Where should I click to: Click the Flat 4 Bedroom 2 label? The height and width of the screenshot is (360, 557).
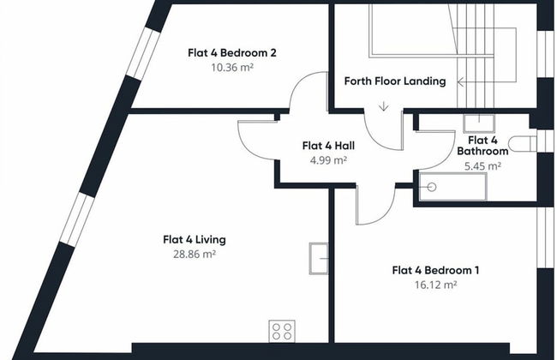[x=232, y=53]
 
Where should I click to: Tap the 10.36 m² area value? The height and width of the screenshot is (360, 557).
[x=232, y=67]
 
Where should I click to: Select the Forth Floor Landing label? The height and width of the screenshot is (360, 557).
[x=395, y=81]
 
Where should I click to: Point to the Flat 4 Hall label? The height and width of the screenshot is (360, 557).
[x=328, y=146]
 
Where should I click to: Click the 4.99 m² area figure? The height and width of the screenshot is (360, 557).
[x=328, y=160]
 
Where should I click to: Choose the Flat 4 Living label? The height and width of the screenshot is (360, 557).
[x=195, y=240]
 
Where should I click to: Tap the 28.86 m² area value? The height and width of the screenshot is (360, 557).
[x=195, y=254]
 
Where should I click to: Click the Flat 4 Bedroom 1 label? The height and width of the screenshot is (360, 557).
[x=435, y=271]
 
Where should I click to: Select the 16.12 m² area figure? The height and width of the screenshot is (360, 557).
[x=435, y=285]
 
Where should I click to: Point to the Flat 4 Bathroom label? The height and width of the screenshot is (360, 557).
[x=482, y=146]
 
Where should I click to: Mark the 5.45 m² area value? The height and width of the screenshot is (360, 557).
[x=482, y=166]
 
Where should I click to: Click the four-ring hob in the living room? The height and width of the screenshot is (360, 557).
[x=282, y=331]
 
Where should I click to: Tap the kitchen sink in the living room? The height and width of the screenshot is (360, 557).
[x=319, y=258]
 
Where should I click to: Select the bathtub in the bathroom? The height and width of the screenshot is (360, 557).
[x=452, y=187]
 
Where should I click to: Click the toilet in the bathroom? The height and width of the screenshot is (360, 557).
[x=522, y=144]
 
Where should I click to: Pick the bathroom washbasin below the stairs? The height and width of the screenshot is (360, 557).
[x=479, y=123]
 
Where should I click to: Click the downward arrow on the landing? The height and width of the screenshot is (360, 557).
[x=383, y=106]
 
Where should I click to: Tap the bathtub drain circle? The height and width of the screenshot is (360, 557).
[x=432, y=187]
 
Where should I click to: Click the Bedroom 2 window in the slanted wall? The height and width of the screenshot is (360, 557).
[x=143, y=53]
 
